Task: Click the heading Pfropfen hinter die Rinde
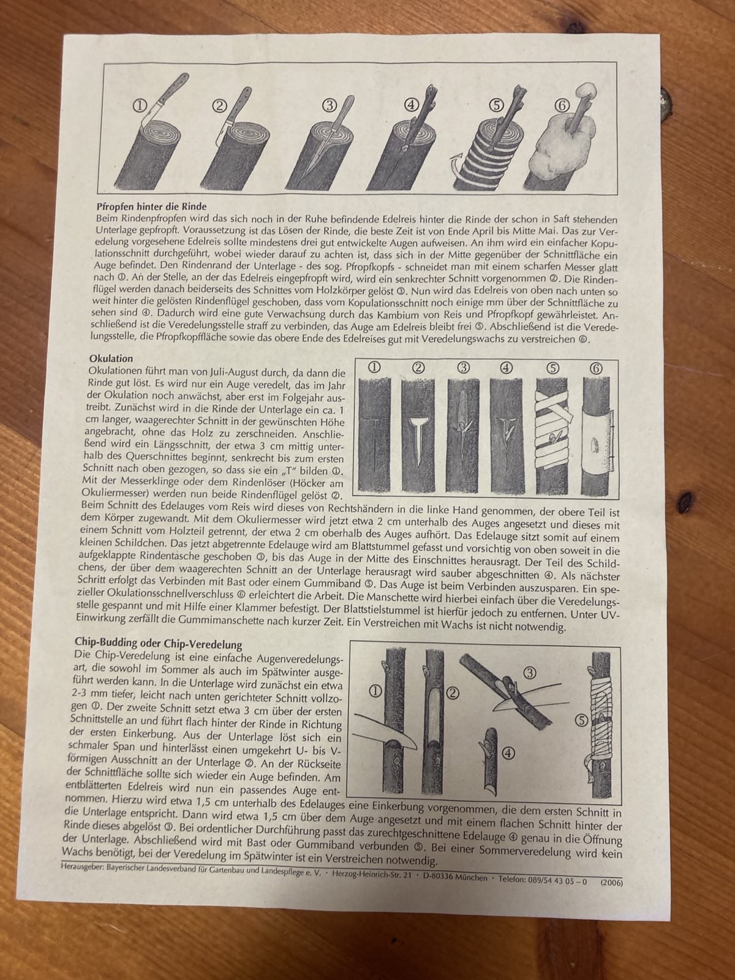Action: [152, 206]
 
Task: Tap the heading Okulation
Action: [111, 358]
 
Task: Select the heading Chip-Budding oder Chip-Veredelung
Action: [159, 644]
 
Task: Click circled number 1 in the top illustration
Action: [140, 105]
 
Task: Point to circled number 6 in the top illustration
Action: [562, 106]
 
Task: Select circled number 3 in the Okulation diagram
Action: [464, 367]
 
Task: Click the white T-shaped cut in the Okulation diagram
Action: [418, 440]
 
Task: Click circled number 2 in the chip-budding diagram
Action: [453, 693]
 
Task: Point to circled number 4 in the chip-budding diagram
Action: [509, 753]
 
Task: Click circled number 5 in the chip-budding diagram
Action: [581, 720]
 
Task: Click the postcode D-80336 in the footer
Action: [443, 877]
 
